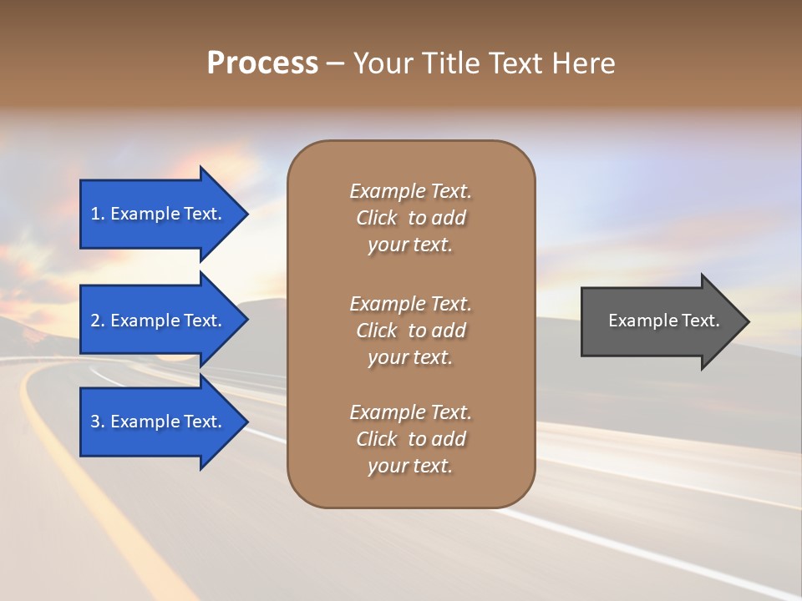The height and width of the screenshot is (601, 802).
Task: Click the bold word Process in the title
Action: point(262,63)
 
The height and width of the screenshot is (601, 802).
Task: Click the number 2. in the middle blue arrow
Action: point(98,321)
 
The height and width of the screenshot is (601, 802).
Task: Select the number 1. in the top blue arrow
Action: point(98,214)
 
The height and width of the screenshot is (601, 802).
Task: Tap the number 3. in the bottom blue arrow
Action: point(98,422)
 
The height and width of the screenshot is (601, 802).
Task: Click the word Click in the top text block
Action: point(377,218)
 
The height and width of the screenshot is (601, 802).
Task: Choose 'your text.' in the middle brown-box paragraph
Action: point(410,357)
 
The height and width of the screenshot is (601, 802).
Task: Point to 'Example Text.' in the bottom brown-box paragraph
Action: point(410,412)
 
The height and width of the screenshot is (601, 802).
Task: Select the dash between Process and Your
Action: point(335,63)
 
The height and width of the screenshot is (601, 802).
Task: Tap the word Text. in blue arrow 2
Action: point(203,321)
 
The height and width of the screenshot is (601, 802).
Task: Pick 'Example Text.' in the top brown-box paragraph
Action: point(410,191)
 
